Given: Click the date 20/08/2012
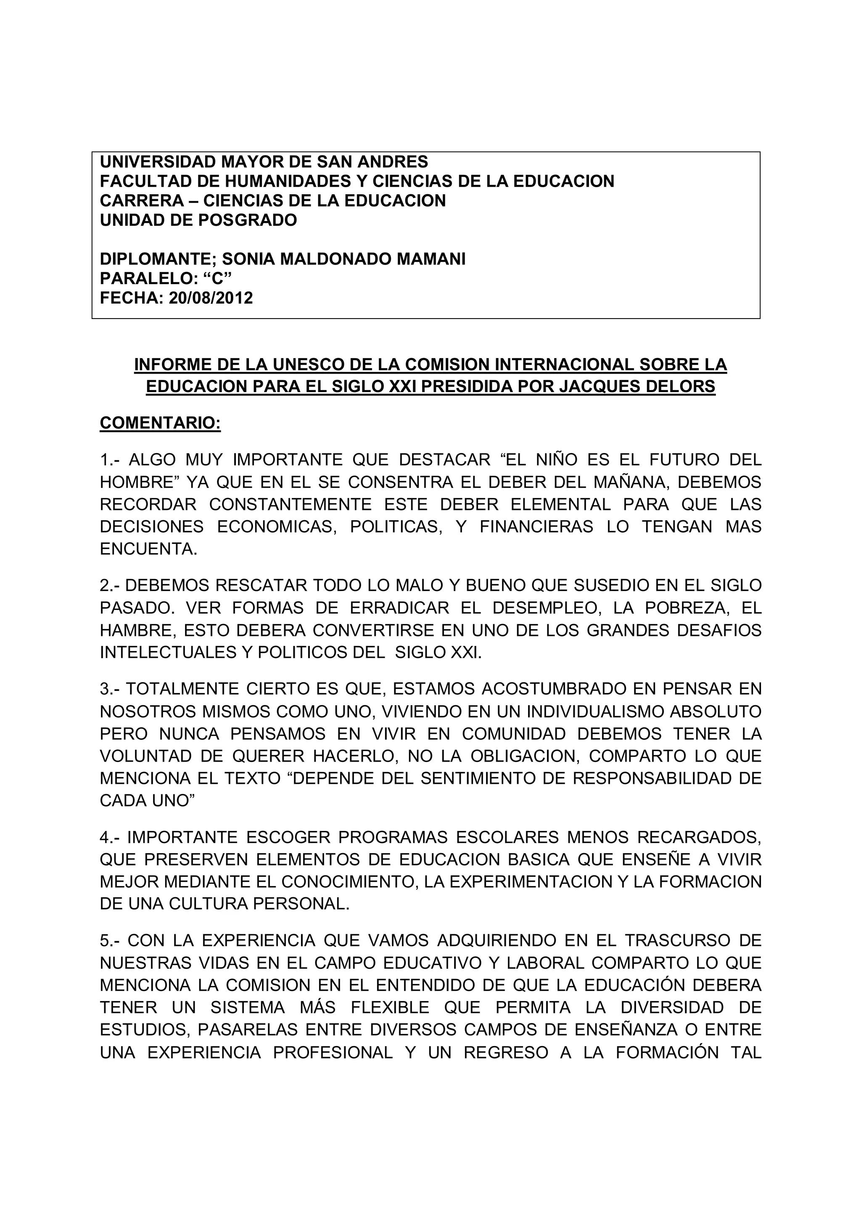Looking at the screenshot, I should click(x=211, y=298).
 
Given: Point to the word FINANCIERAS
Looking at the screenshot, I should click(x=536, y=526).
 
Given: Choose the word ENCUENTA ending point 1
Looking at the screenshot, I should click(x=148, y=548).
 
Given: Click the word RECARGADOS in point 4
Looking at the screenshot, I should click(x=699, y=837).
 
